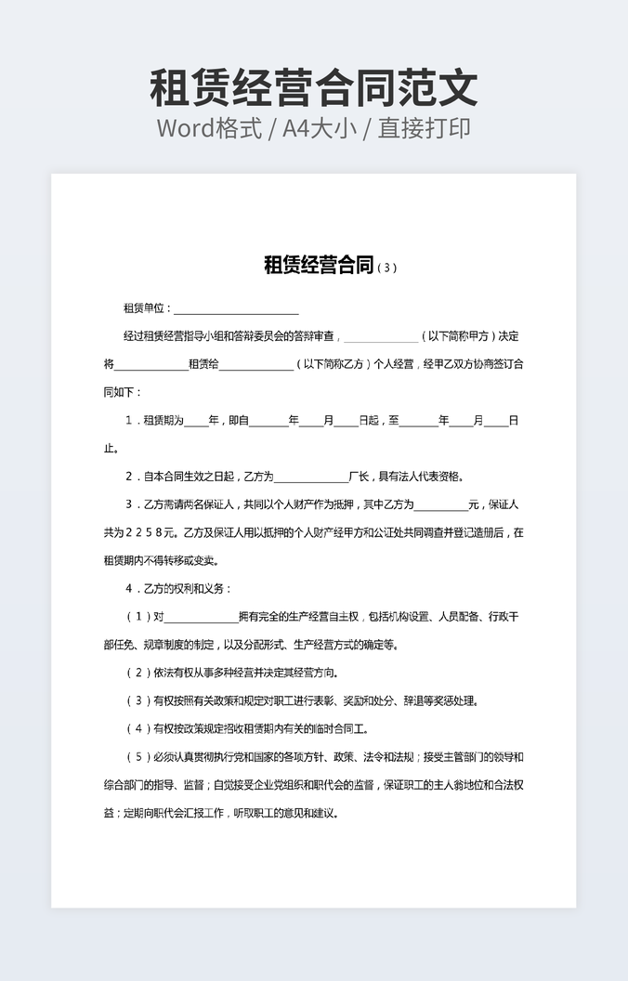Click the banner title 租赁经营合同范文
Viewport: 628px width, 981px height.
pyautogui.click(x=314, y=88)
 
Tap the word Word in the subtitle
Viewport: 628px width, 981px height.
pyautogui.click(x=186, y=128)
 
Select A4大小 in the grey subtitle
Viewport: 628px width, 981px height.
pyautogui.click(x=321, y=128)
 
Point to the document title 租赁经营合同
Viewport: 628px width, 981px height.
pyautogui.click(x=319, y=267)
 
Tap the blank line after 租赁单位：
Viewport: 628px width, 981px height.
pyautogui.click(x=236, y=309)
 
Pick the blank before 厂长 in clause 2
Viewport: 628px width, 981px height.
pyautogui.click(x=310, y=477)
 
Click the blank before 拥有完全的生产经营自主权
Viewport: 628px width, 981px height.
pyautogui.click(x=201, y=617)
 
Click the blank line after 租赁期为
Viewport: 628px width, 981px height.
pyautogui.click(x=196, y=421)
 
